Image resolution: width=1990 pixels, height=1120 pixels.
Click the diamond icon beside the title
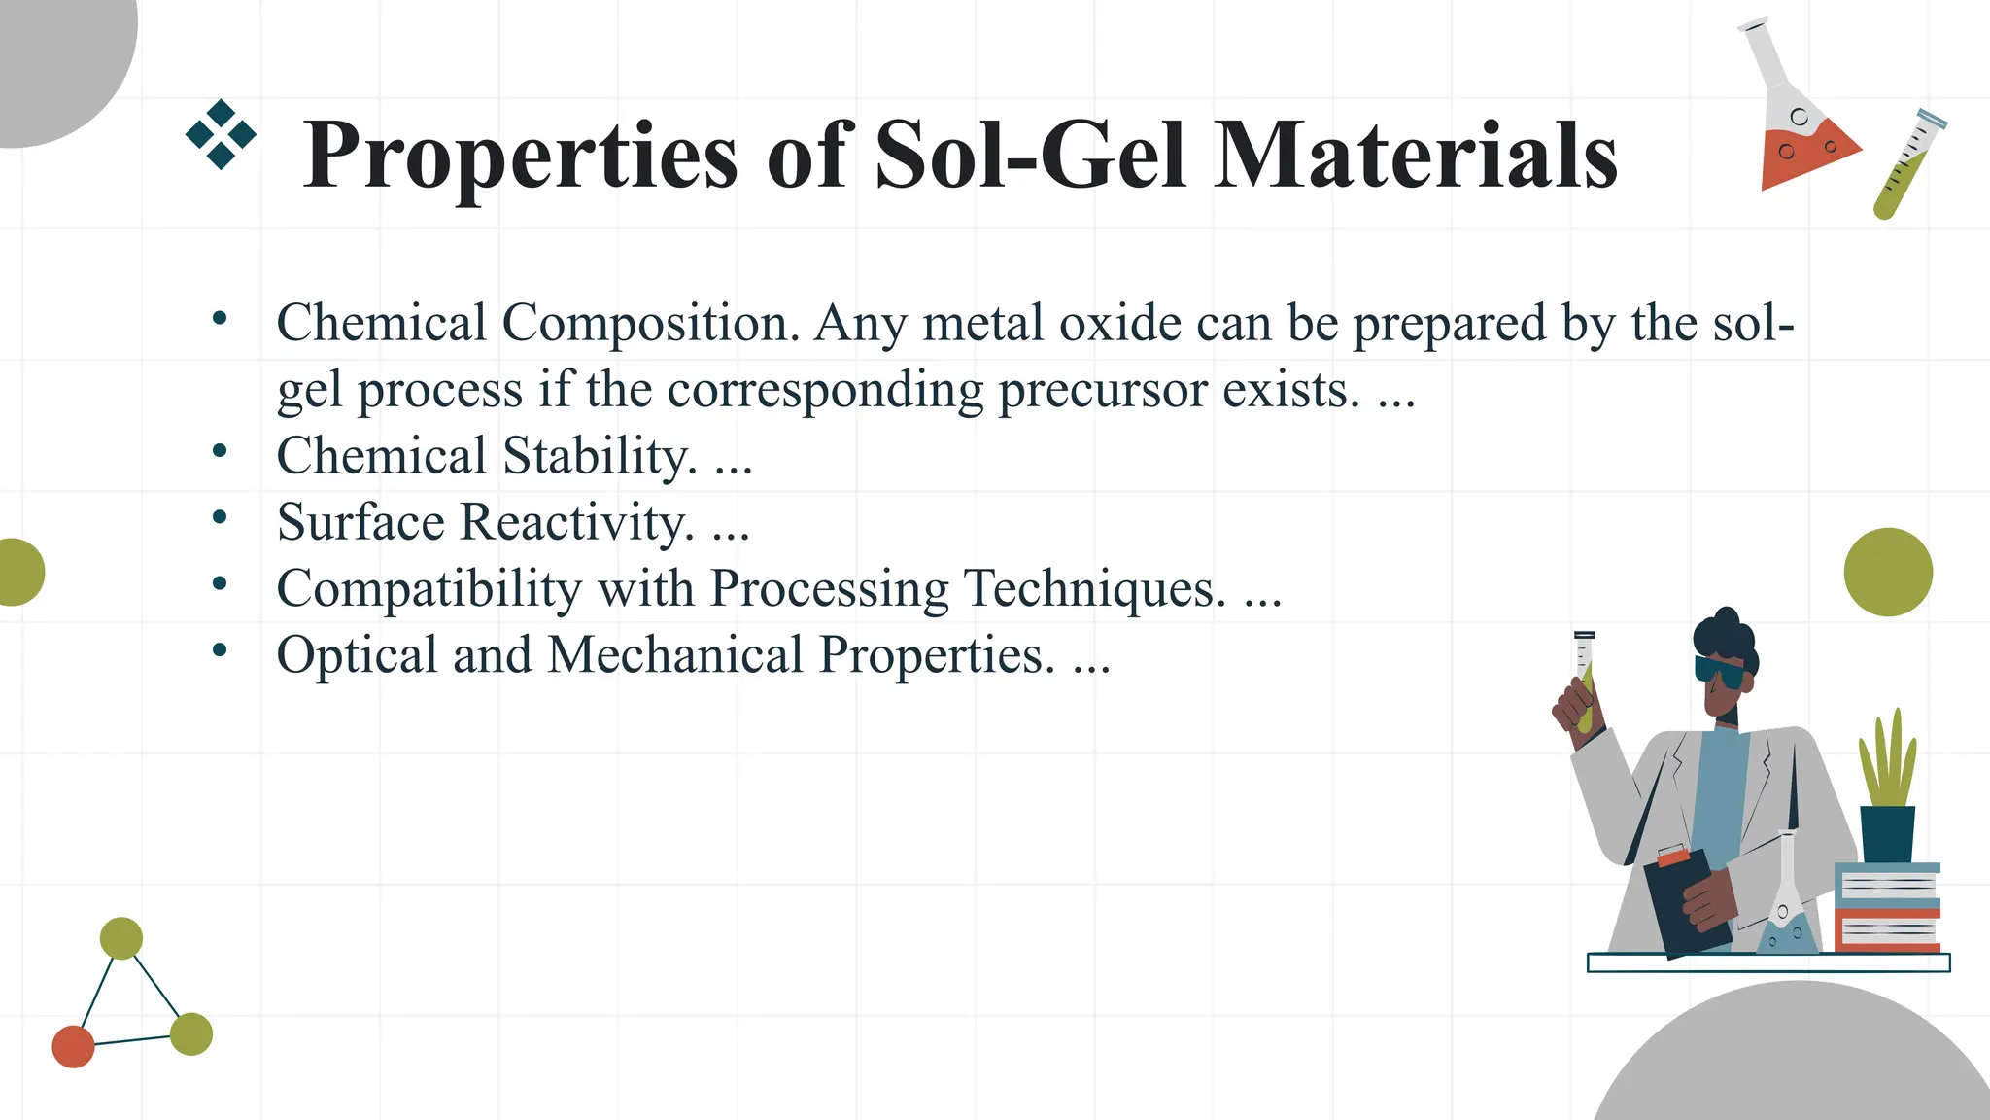point(221,134)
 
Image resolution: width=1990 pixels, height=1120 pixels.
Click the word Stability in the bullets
point(599,456)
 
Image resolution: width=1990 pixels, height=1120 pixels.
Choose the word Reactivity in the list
point(577,522)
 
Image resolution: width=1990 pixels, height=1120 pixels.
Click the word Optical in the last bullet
point(357,654)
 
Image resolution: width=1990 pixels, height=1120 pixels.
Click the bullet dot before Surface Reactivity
point(220,518)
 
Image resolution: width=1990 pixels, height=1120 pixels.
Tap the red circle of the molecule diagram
point(73,1046)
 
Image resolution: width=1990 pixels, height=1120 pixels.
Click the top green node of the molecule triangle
point(121,938)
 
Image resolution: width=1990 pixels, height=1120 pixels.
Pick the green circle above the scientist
point(1888,572)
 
